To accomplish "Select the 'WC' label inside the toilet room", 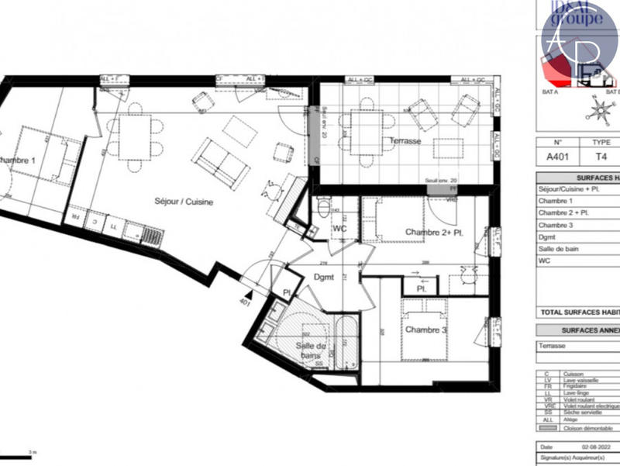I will point(339,230).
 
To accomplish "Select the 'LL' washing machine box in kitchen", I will point(113,226).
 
